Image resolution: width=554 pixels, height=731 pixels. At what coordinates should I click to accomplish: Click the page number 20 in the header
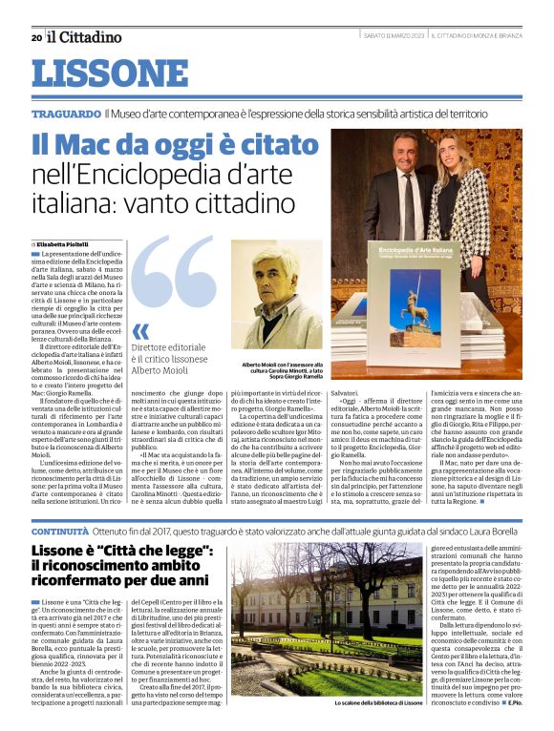(x=35, y=37)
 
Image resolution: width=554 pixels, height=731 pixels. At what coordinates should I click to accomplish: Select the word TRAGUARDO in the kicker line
(x=66, y=114)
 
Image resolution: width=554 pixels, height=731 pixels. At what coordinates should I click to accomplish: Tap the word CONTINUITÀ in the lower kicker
(x=59, y=529)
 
